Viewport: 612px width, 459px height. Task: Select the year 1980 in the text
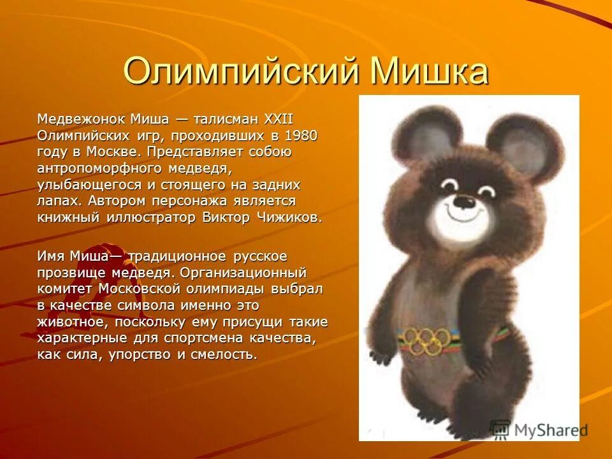[300, 136]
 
